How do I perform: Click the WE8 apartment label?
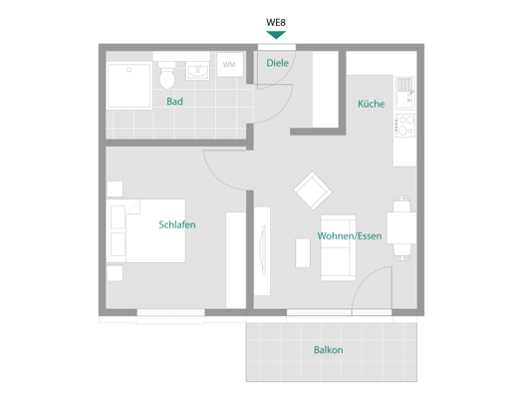coord(276,22)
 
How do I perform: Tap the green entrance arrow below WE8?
coord(276,34)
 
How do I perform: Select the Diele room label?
coord(277,63)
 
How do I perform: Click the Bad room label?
coord(174,101)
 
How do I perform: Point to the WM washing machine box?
coord(230,65)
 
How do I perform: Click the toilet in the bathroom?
coord(166,76)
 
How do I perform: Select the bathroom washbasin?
coord(197,71)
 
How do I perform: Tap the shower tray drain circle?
coord(130,70)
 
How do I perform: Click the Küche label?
coord(372,104)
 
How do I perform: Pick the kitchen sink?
coord(404,94)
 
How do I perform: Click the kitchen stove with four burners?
coord(404,126)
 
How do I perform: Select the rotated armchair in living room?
coord(313,191)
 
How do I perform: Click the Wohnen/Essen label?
coord(350,236)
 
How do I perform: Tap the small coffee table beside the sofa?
coord(303,252)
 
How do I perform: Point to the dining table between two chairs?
coord(401,227)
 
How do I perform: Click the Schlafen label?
coord(177,224)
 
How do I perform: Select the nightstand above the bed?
coord(115,189)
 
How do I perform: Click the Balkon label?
coord(328,350)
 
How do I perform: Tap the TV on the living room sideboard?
coord(263,250)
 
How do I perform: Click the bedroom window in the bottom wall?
coord(170,313)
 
